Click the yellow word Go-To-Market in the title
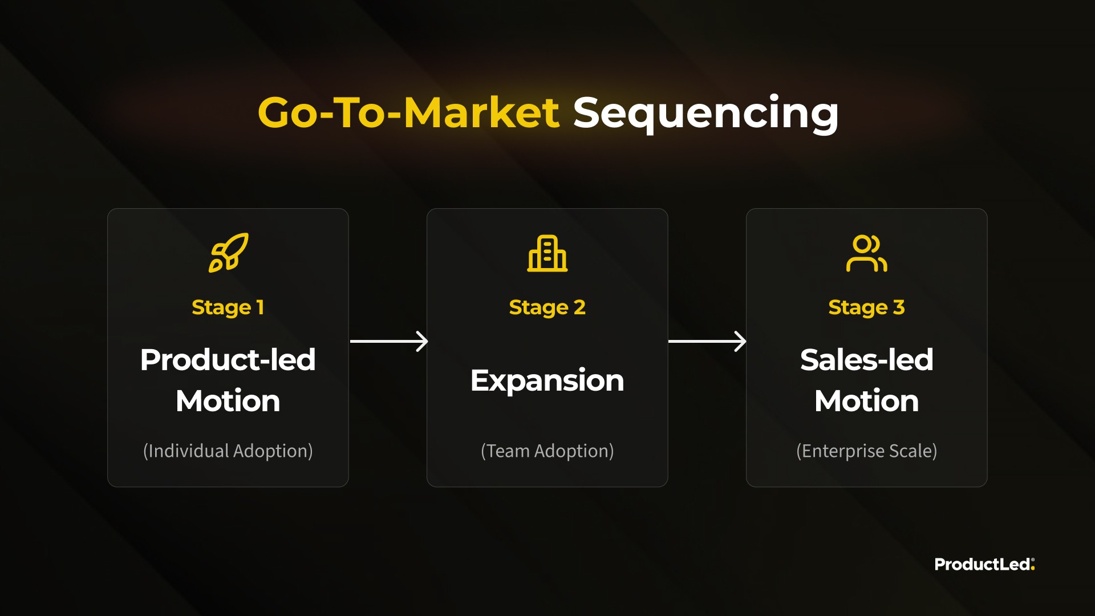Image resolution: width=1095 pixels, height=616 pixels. [408, 112]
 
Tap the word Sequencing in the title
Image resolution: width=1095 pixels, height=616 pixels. [705, 114]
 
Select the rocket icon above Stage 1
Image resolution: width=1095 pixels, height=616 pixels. [228, 253]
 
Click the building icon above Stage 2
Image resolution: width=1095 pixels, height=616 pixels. [547, 253]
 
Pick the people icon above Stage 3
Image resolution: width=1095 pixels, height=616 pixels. [866, 253]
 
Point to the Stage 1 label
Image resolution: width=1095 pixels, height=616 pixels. [228, 308]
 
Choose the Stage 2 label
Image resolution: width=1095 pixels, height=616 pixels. [547, 308]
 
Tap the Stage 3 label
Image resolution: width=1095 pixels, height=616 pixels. [867, 308]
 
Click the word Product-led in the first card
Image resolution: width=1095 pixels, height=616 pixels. [228, 360]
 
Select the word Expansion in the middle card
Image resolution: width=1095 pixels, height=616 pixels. [547, 381]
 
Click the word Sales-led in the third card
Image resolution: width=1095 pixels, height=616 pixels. [867, 360]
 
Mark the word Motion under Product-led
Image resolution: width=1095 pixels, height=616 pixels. [228, 401]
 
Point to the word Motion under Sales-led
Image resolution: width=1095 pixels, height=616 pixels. [867, 401]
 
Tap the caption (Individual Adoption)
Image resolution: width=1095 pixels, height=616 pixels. [228, 451]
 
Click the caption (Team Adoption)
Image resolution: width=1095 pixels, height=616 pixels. [547, 451]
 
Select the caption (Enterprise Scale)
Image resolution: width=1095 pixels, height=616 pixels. [867, 451]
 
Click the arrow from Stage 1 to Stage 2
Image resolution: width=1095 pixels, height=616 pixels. [389, 342]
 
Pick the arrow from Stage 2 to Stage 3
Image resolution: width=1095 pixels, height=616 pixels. [707, 342]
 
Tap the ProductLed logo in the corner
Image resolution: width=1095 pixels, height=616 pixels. [984, 564]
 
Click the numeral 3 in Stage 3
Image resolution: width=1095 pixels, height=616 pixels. [899, 307]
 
